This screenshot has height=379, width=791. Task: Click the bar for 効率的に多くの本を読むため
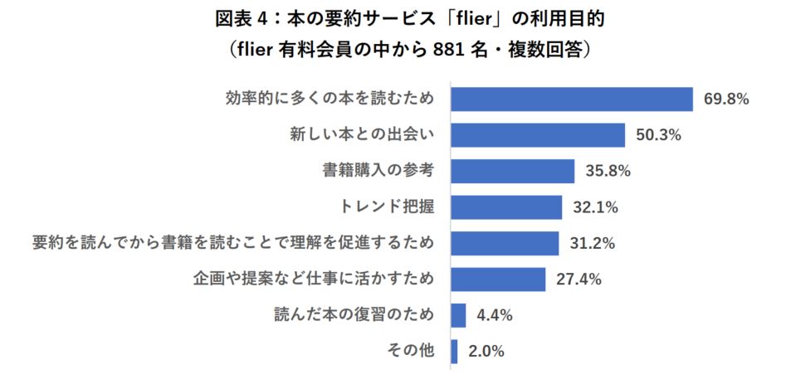pos(571,99)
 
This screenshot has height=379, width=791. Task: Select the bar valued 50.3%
pos(537,135)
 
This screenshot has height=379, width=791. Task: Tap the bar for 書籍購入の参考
pos(512,171)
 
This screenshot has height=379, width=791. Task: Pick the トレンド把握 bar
pos(505,207)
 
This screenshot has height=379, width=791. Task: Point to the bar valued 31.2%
pos(504,243)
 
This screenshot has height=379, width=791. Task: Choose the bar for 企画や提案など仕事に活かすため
pos(497,279)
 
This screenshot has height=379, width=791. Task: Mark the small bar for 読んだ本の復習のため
pos(457,315)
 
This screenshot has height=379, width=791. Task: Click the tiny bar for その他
pos(453,351)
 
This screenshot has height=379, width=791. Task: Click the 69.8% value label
pos(726,100)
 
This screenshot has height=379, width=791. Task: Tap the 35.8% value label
pos(608,172)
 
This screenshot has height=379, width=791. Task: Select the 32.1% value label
pos(595,207)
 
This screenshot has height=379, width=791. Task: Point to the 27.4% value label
pos(579,279)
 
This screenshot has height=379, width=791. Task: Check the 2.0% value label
pos(487,352)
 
